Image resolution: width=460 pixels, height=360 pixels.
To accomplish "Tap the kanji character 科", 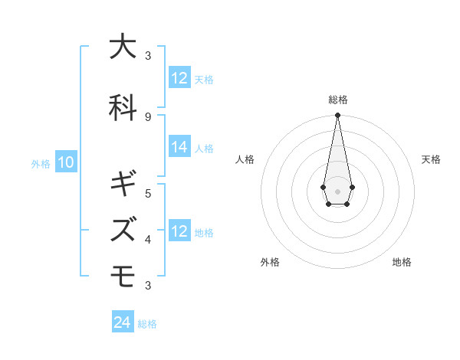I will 123,106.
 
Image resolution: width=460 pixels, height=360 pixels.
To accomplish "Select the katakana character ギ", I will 123,184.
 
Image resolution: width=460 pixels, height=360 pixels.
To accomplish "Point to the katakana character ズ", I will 123,228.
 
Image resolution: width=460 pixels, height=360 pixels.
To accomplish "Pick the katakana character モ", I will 123,275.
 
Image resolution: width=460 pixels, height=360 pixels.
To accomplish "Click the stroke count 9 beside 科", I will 147,116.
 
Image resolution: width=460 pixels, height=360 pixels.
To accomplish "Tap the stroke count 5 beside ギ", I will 147,193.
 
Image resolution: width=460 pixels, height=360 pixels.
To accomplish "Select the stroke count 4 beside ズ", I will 147,239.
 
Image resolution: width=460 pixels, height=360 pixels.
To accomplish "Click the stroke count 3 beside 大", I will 147,56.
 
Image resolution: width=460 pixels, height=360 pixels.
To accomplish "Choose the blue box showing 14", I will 179,148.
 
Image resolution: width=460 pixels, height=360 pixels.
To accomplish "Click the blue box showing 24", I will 123,322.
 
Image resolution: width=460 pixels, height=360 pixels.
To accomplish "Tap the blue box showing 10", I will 65,162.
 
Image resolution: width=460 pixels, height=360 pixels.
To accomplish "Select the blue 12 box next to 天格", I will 179,78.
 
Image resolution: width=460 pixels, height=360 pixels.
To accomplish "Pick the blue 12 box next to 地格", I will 179,231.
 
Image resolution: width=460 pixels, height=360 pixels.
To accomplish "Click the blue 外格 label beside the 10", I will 41,163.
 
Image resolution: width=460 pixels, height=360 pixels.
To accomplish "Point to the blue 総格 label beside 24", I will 147,323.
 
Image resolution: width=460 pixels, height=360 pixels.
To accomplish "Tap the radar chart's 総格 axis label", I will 337,100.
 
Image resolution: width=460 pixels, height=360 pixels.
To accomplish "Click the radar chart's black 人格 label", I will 245,159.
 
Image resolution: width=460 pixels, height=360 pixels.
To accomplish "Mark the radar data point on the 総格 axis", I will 337,115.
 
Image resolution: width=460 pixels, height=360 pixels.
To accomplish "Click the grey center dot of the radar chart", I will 337,190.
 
